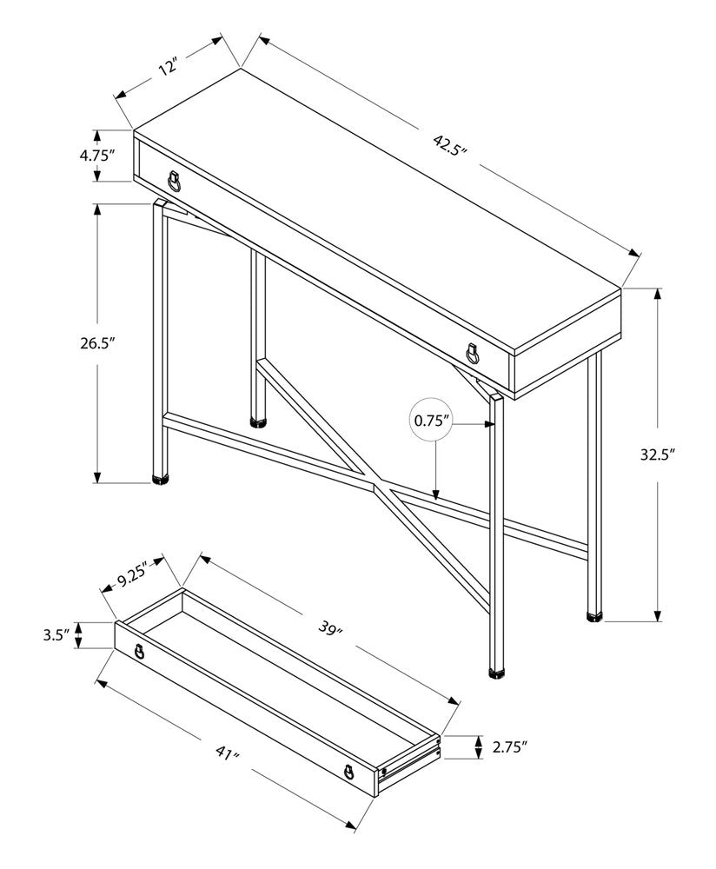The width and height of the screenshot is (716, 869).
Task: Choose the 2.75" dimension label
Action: tap(510, 746)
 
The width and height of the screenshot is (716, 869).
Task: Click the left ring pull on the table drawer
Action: tap(176, 180)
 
